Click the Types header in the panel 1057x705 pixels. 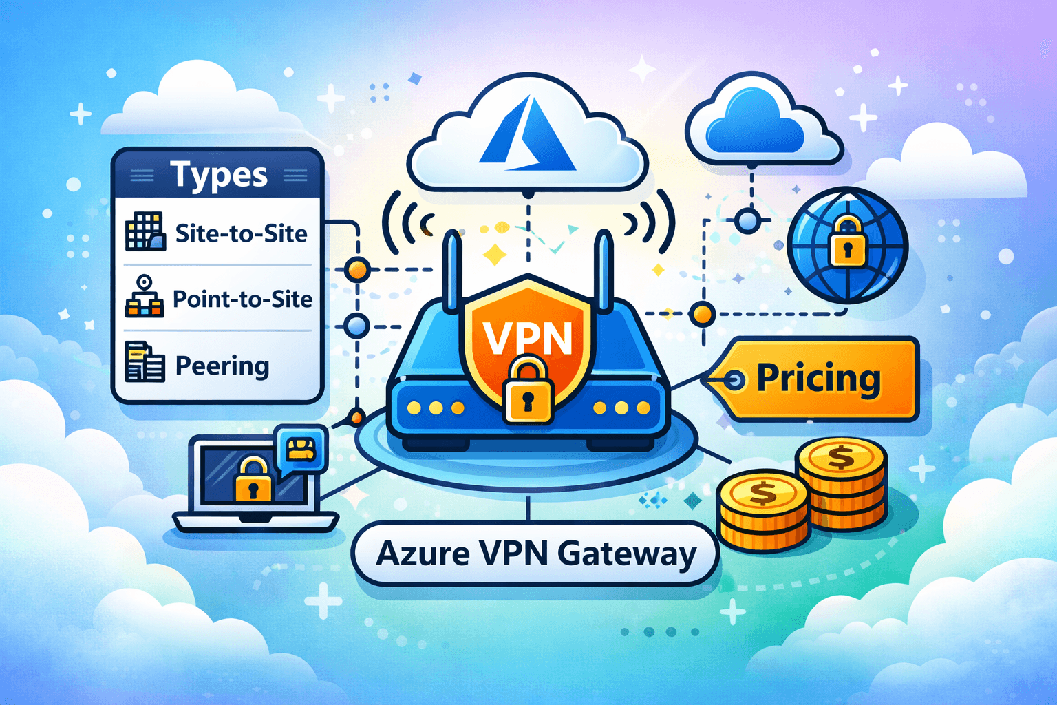click(218, 176)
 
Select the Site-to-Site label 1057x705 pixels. click(241, 234)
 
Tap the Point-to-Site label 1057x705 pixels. click(242, 299)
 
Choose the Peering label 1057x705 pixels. click(222, 366)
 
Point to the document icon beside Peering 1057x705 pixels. click(145, 362)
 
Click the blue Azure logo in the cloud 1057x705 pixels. click(527, 134)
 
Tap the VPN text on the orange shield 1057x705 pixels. click(528, 337)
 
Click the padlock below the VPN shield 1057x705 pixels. click(528, 392)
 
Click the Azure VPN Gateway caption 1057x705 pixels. click(536, 554)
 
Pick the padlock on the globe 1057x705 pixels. click(847, 242)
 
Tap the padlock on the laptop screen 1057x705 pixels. click(253, 481)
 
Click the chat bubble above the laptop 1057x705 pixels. click(300, 450)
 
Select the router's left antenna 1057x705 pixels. click(452, 272)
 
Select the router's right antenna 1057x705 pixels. click(603, 272)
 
